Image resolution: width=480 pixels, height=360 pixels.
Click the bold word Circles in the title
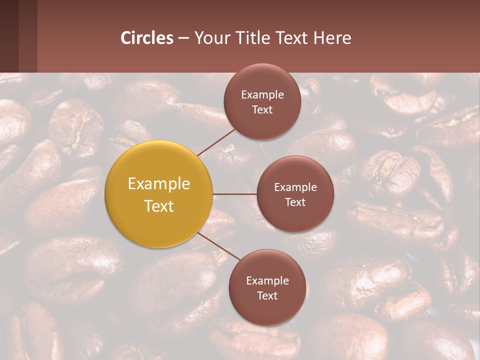[147, 38]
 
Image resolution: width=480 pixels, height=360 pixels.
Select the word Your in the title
[212, 38]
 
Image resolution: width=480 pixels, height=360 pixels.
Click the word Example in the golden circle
[159, 184]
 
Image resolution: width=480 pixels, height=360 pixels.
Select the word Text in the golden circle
[159, 206]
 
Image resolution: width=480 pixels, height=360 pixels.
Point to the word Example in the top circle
[262, 95]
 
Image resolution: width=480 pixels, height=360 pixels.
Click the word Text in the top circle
[262, 110]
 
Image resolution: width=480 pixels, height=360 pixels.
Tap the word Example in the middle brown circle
[295, 187]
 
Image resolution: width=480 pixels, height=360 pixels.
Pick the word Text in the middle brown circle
[295, 202]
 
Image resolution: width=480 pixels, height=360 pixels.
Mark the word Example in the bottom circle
[267, 281]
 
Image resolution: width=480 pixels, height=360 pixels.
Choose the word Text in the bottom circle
[267, 296]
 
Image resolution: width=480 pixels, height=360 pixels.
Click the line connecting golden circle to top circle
[216, 141]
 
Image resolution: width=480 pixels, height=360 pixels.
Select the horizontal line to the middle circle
[235, 194]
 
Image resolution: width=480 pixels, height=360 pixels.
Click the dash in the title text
[183, 38]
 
